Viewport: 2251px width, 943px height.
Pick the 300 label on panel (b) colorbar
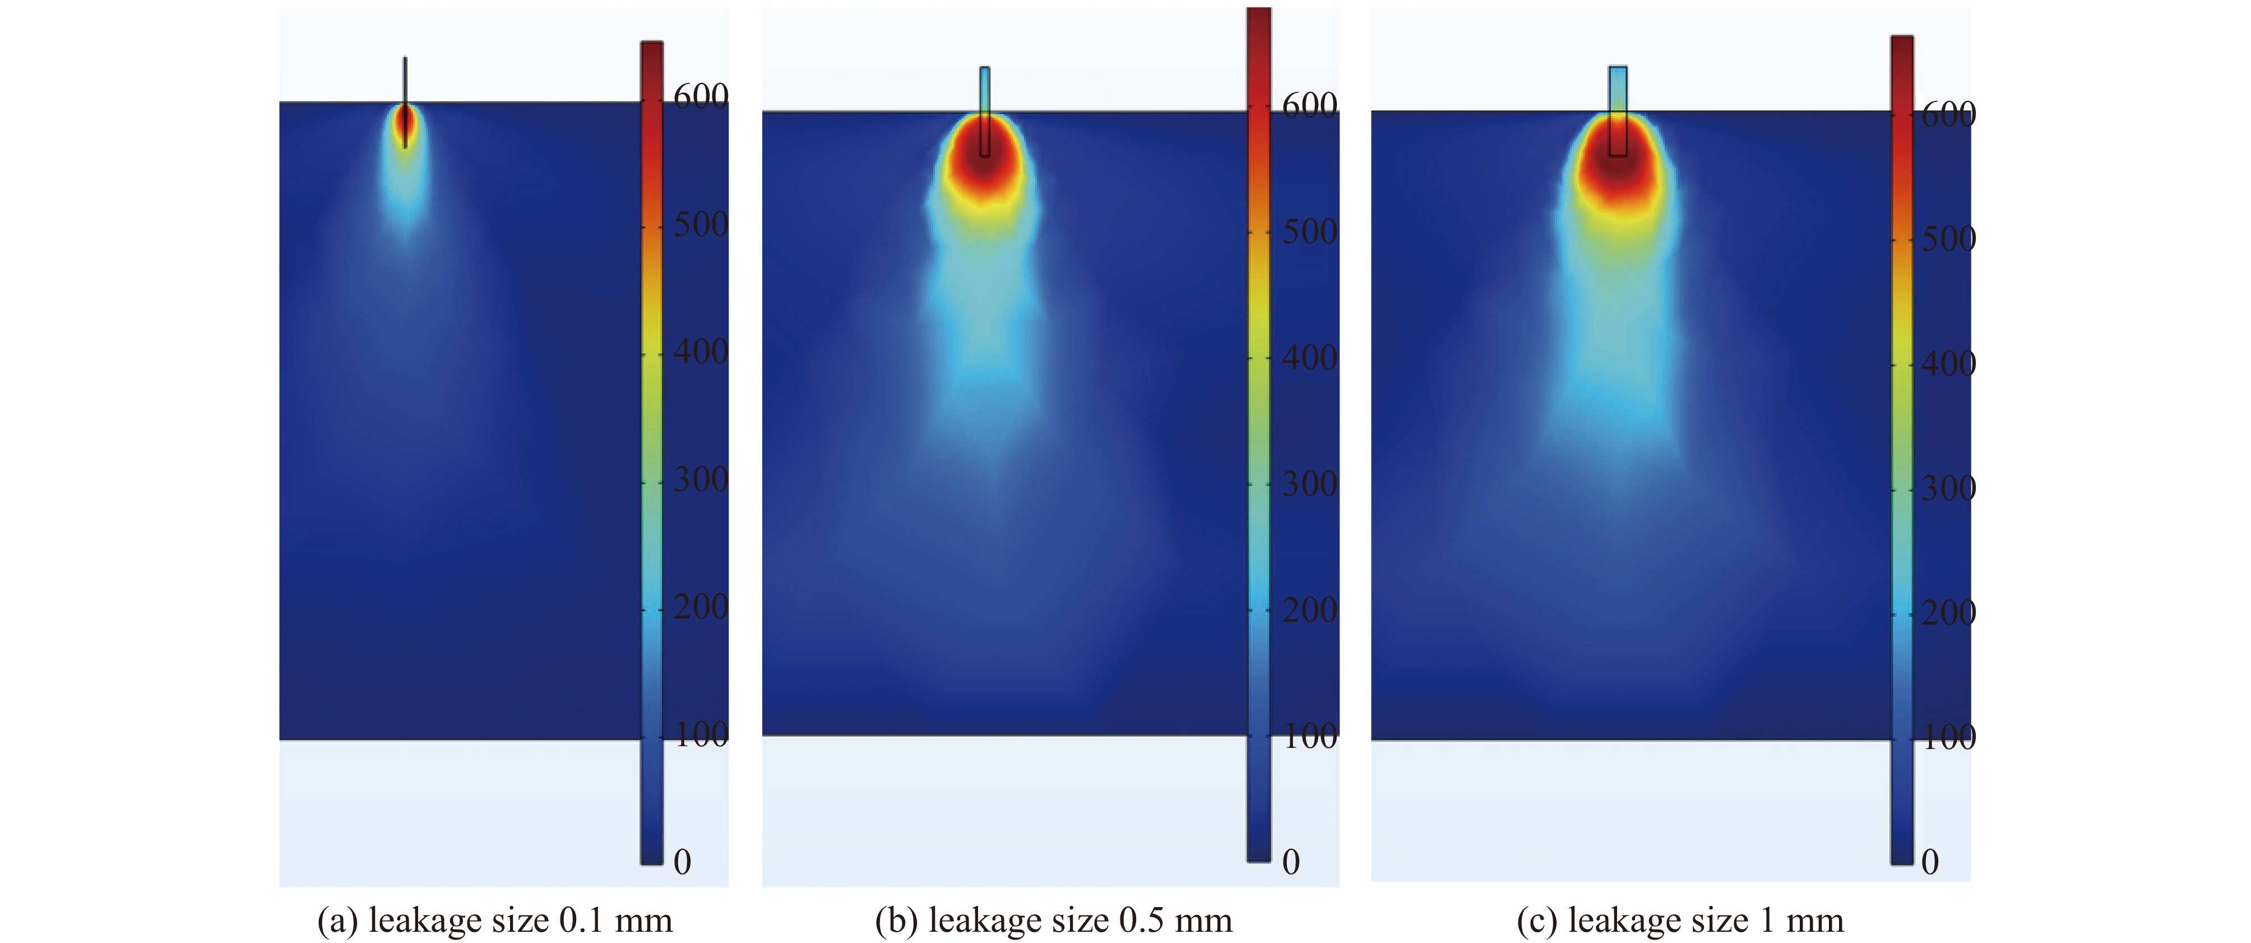(1309, 484)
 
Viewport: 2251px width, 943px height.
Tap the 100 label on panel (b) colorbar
(1309, 737)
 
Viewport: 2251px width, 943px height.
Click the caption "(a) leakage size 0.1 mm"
(494, 920)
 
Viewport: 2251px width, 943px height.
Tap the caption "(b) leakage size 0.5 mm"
(1053, 920)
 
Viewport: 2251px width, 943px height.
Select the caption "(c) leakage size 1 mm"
(1679, 920)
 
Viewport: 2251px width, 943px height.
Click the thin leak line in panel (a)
(405, 78)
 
